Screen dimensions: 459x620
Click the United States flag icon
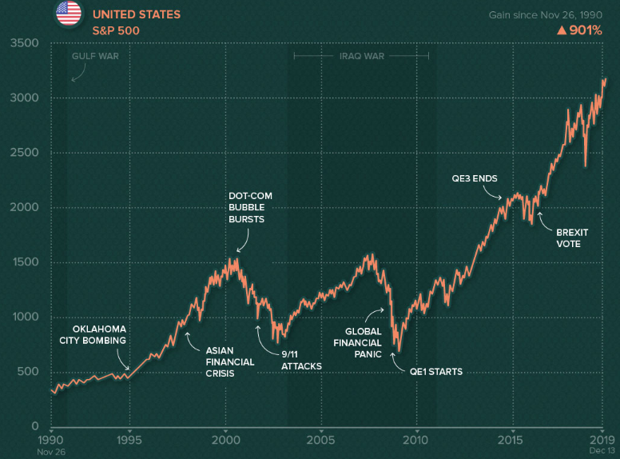69,12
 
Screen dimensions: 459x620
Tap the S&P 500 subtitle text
117,30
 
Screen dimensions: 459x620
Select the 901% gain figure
582,31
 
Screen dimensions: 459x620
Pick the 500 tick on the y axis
28,372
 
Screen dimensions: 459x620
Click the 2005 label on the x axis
320,439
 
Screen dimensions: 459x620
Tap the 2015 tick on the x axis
511,439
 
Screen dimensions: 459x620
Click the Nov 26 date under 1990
51,451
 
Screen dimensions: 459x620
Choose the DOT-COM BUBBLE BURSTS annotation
246,207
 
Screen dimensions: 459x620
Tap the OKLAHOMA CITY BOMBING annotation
93,334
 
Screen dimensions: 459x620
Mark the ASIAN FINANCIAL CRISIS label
230,361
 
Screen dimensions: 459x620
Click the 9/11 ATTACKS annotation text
301,361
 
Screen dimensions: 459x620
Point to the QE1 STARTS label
436,371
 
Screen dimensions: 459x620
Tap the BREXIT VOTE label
571,237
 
